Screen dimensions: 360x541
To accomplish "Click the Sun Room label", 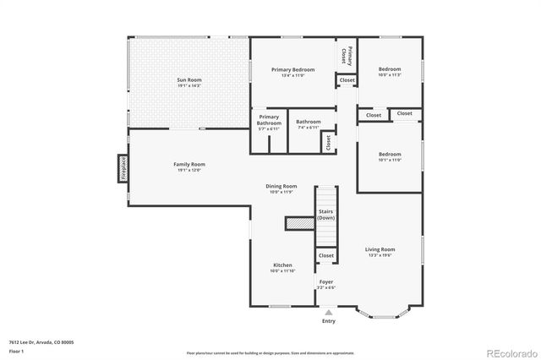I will click(x=189, y=82).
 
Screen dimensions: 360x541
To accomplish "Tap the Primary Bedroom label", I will click(x=292, y=71).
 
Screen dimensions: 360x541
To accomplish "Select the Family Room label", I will click(x=190, y=166).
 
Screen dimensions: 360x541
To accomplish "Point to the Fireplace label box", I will click(x=123, y=166).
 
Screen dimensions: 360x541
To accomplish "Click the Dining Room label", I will click(x=281, y=188).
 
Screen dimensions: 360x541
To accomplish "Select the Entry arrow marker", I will click(x=328, y=311).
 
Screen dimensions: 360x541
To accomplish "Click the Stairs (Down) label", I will click(x=326, y=215).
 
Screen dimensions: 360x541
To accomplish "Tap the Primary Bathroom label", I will click(x=269, y=121).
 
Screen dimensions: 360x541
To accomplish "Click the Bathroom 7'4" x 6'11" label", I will click(x=308, y=123).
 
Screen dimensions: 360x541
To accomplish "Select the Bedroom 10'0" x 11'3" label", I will click(x=389, y=71).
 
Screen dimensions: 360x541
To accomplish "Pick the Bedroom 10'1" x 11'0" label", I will click(x=389, y=156).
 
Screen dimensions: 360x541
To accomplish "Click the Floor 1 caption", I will click(x=17, y=350).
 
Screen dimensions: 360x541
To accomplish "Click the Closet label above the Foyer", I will click(x=326, y=255).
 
